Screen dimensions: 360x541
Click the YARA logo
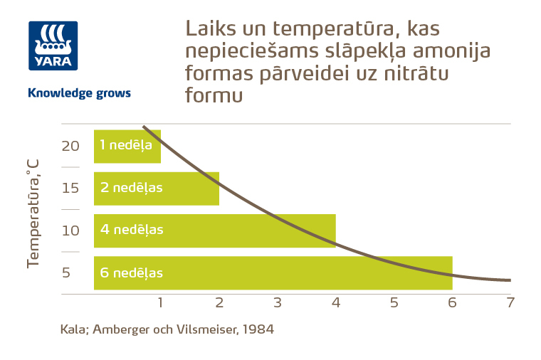(53, 46)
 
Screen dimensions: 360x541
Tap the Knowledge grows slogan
(78, 93)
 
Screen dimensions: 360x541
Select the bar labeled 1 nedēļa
(127, 146)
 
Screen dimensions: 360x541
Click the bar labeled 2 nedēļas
(156, 189)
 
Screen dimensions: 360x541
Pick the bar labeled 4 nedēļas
(214, 231)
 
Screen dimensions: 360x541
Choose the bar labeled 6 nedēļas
(273, 272)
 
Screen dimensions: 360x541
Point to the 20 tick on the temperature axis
(70, 146)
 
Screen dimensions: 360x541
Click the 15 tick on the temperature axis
(70, 189)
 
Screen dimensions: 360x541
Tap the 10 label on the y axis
(70, 231)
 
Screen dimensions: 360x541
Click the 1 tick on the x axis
(161, 302)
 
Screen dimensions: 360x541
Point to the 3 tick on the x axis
(278, 302)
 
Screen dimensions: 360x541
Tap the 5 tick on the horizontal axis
(394, 302)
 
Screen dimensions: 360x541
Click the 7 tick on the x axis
(510, 302)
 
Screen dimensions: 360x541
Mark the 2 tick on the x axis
(219, 302)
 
